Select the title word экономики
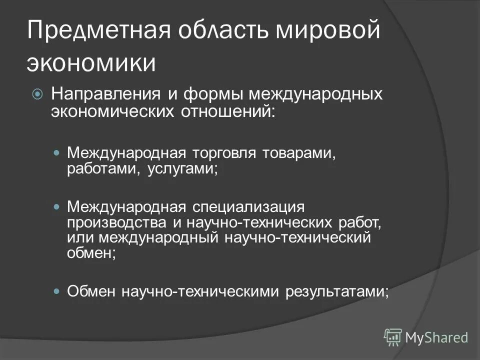click(x=91, y=63)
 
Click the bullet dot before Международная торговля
click(x=56, y=151)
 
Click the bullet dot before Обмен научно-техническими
click(x=56, y=290)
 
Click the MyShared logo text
click(x=436, y=337)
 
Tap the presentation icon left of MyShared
click(x=393, y=337)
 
